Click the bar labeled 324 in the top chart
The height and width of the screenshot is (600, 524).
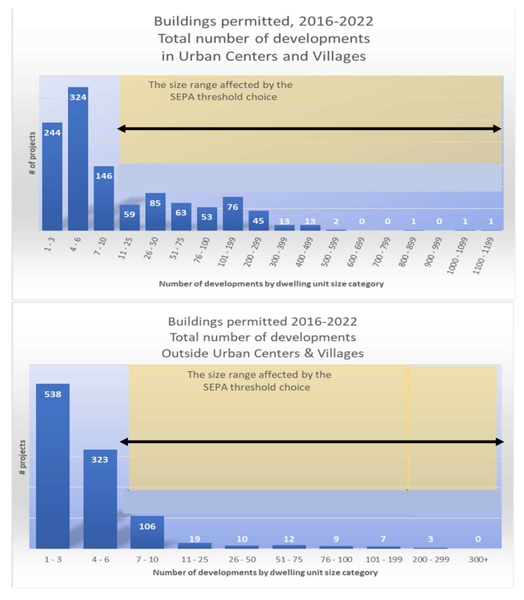pos(78,159)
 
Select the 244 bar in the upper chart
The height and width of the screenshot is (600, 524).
pos(52,178)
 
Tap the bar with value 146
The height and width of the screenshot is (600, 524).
pos(104,199)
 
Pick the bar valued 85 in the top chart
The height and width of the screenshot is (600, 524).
pos(155,213)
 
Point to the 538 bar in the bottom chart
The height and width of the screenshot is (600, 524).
pos(52,469)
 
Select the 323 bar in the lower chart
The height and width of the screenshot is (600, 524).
pos(100,502)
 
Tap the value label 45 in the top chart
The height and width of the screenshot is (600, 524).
pos(258,221)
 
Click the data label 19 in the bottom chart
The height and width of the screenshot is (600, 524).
pos(195,539)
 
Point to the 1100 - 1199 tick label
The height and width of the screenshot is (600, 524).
pos(483,255)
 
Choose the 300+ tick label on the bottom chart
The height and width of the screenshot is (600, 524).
pos(478,559)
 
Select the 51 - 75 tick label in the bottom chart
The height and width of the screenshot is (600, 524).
pos(289,559)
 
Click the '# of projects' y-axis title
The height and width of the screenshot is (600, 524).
pos(32,153)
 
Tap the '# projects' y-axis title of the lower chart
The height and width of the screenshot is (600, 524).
pos(22,457)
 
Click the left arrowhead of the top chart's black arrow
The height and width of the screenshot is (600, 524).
pos(121,128)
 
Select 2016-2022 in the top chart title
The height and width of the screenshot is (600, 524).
pos(336,22)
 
